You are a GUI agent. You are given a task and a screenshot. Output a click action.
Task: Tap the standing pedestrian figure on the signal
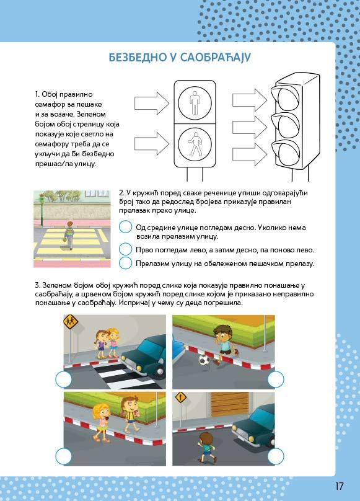(x=195, y=102)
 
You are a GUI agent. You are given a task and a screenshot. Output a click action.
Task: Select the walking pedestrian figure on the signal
(x=194, y=144)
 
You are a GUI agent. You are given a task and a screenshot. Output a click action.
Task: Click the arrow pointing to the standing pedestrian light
(x=152, y=103)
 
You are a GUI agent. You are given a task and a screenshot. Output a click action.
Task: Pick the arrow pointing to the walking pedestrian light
(x=152, y=144)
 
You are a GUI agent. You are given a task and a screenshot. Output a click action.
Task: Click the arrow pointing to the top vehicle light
(x=250, y=100)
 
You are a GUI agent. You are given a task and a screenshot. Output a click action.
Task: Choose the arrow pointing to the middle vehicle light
(x=250, y=127)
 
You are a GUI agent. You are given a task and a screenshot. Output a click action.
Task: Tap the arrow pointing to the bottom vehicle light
(x=250, y=154)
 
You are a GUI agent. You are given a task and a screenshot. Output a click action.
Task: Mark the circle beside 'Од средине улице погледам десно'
(x=126, y=227)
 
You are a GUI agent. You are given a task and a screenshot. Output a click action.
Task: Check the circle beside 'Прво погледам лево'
(x=126, y=249)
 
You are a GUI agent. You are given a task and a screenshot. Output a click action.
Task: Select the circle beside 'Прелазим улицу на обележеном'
(x=126, y=263)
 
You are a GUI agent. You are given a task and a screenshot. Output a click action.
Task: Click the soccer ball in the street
(x=204, y=360)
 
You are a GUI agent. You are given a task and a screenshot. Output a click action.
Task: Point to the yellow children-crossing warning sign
(x=71, y=322)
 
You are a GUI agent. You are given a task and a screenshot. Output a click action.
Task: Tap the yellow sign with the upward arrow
(x=181, y=398)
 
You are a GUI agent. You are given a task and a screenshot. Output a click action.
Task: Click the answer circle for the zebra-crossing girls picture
(x=64, y=379)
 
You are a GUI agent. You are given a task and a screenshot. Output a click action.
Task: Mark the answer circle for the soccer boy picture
(x=276, y=379)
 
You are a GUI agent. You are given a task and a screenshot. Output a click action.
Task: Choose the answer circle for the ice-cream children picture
(x=64, y=456)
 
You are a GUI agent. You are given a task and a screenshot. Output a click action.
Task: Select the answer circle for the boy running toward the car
(x=276, y=456)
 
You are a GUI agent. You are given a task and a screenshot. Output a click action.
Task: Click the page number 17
(x=339, y=486)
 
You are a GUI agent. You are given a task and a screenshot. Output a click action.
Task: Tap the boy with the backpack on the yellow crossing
(x=69, y=235)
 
